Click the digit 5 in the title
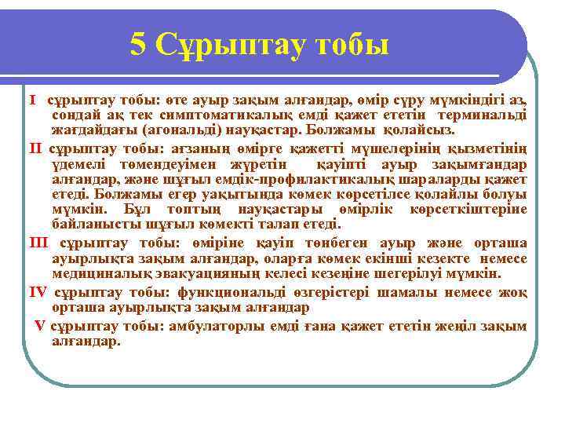click(x=139, y=46)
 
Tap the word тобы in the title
click(x=351, y=46)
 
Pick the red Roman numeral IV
click(x=38, y=292)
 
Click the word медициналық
click(x=102, y=273)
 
